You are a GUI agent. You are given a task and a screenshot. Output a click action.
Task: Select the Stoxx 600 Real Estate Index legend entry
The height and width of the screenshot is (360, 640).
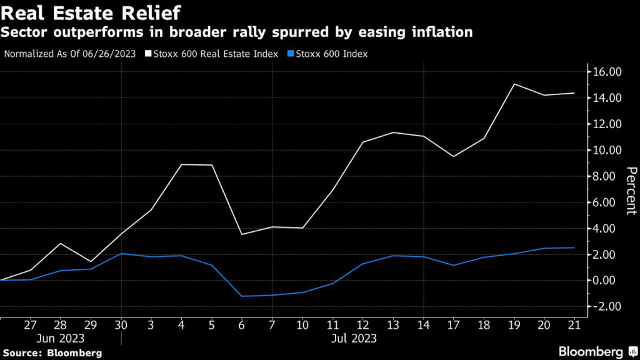coord(211,54)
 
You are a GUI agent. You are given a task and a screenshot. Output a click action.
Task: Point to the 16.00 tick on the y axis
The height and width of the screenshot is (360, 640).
coord(607,72)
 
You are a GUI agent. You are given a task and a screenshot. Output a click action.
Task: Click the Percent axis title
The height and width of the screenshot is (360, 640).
coord(631,191)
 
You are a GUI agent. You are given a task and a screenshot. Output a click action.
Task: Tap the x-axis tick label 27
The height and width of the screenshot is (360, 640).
coord(31,325)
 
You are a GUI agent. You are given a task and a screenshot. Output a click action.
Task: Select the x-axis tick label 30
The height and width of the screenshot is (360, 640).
coord(121,325)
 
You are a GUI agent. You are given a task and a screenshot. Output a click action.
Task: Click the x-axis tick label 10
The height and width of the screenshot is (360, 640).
coord(302,325)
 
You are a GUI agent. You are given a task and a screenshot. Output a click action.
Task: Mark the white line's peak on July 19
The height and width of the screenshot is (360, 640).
coord(514,84)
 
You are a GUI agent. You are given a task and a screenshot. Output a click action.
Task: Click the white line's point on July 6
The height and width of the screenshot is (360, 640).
coord(242,234)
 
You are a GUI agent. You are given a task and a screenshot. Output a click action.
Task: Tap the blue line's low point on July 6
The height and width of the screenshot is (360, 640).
coord(242,296)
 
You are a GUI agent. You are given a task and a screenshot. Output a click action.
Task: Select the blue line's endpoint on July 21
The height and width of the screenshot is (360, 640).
coord(574,247)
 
